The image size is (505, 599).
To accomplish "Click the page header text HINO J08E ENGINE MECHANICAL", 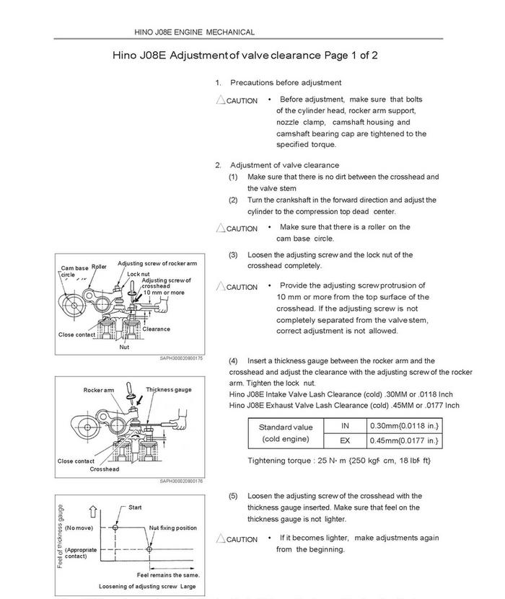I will point(194,32).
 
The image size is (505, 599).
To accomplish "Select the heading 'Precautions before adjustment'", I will point(286,83).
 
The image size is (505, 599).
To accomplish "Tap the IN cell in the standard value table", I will point(345,426).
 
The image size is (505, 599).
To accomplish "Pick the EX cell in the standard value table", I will point(345,440).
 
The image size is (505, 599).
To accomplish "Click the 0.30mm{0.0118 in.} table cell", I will point(405,426).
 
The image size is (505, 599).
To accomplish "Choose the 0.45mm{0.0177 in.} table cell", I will point(405,440).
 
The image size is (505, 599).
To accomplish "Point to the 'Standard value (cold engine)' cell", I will point(286,432).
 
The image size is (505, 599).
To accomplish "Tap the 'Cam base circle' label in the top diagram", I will point(74,270).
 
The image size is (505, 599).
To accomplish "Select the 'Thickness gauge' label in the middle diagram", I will point(169,390).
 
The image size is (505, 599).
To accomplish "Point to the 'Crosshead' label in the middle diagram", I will point(105,469).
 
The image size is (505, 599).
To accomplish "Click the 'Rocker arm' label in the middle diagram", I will point(99,391).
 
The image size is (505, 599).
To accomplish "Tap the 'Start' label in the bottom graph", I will point(135,508).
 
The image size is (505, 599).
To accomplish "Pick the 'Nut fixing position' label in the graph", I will point(173,528).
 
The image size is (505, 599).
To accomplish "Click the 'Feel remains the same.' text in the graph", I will point(168,574).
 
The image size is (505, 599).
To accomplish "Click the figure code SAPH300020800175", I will point(181,358).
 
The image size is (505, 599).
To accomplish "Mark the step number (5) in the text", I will point(233,496).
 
